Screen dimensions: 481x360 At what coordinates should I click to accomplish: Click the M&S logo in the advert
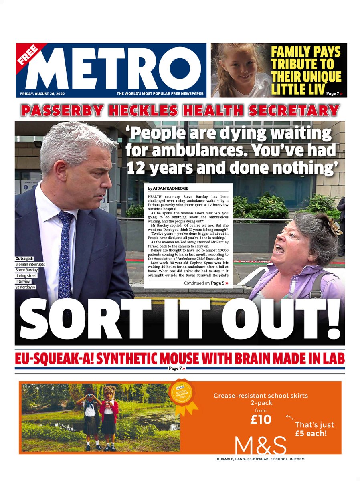pyautogui.click(x=261, y=445)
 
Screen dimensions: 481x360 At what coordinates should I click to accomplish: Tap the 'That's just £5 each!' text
pyautogui.click(x=314, y=429)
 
